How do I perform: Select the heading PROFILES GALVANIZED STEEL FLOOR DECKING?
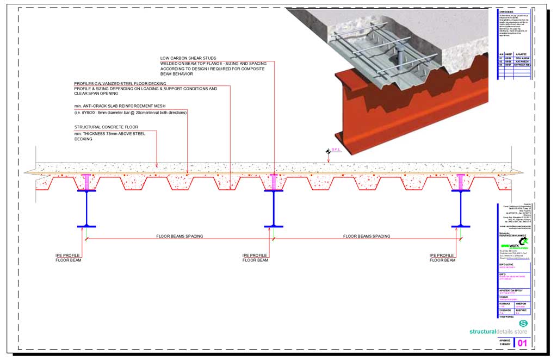point(120,83)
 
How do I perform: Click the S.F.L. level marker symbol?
point(328,152)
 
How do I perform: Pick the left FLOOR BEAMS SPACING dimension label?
point(180,236)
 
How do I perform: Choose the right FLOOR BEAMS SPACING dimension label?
point(367,236)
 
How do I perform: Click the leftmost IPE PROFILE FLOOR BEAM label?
point(67,258)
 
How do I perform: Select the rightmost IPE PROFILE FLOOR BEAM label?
point(442,258)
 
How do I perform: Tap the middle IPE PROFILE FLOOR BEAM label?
point(255,258)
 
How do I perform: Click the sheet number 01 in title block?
point(522,343)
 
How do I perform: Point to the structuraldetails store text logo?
point(498,331)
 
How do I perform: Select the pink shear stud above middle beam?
point(274,182)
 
